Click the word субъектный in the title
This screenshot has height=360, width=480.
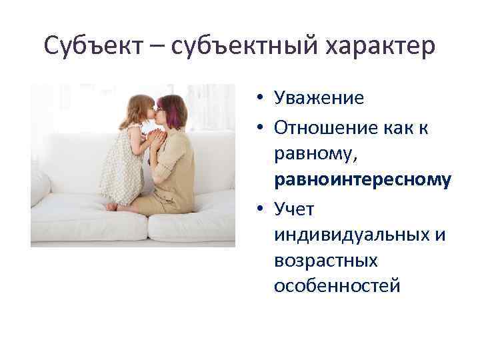(x=232, y=46)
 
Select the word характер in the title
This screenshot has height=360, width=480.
(x=377, y=46)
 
